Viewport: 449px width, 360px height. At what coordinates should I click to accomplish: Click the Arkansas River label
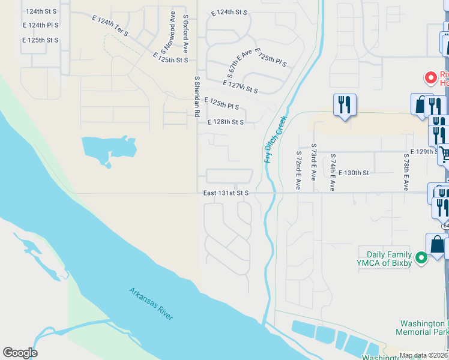(151, 304)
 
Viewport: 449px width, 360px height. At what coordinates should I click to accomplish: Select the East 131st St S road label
(226, 193)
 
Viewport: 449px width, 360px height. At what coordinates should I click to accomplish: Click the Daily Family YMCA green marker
(421, 258)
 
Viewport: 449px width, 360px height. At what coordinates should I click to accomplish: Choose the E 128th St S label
(225, 122)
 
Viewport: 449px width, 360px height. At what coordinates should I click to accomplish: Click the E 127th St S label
(240, 87)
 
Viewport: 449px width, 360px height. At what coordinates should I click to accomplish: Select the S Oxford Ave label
(186, 33)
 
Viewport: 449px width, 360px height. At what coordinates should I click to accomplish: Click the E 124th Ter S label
(110, 27)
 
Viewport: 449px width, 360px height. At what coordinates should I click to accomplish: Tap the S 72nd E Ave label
(298, 171)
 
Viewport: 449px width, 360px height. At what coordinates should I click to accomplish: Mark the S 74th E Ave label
(333, 172)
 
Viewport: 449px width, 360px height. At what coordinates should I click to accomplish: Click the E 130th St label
(353, 173)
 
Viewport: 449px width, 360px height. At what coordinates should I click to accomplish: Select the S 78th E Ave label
(406, 172)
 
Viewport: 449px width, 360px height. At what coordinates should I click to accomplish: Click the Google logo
(20, 353)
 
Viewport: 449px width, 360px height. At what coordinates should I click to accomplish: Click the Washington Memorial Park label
(422, 327)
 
